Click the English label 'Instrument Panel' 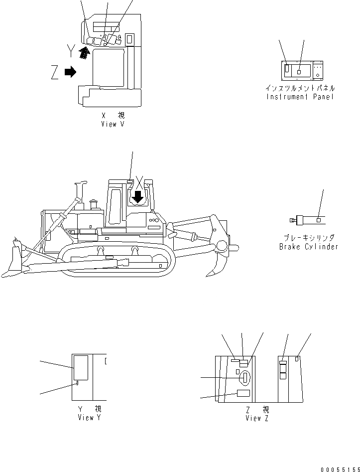(x=300, y=97)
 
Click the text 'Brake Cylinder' (x=308, y=247)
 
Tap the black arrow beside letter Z (x=70, y=72)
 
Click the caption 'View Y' (x=90, y=418)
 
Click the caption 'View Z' (x=257, y=418)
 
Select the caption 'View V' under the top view (x=113, y=124)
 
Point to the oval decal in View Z (x=244, y=378)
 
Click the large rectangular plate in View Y (x=80, y=368)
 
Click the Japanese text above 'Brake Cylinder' (x=308, y=238)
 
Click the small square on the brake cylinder (x=318, y=219)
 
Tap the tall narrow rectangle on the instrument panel (x=287, y=70)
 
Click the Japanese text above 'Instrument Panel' (x=300, y=88)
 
